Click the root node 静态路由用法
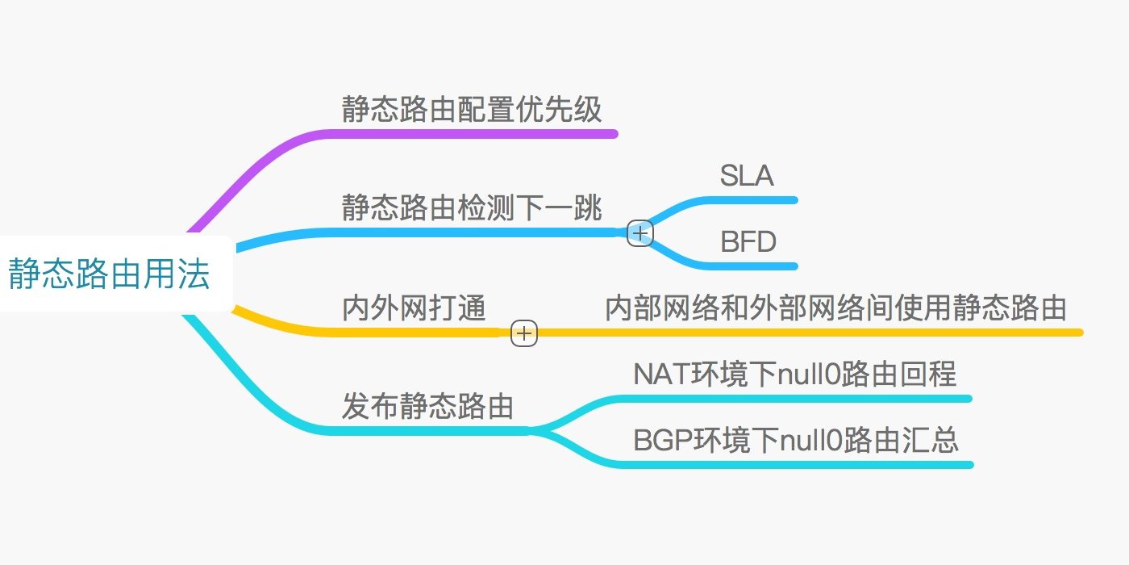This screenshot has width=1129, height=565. pos(110,274)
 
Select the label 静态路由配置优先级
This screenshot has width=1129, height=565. pos(472,109)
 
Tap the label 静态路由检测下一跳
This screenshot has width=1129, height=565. pos(472,207)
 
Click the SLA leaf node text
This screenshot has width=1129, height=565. pos(747,175)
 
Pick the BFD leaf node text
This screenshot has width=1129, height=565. pos(748,241)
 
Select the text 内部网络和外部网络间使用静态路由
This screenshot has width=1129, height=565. pos(835,308)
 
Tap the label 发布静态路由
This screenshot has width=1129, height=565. pos(427,406)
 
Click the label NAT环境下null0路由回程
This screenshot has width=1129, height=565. pos(794,375)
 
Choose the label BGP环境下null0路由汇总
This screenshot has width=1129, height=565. pos(796,441)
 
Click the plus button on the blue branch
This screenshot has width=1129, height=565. pos(640,233)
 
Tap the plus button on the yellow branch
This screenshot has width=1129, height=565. pos(524,333)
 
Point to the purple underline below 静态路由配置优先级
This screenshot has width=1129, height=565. pos(484,134)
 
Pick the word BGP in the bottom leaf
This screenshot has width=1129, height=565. pos(658,441)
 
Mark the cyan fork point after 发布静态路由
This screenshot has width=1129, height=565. pos(534,431)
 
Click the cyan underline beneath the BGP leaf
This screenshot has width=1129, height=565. pos(806,465)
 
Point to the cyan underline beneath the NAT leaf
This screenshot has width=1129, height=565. pos(806,398)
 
